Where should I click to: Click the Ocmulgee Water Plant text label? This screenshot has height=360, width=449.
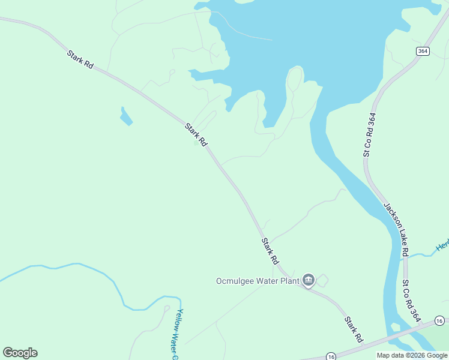[x=258, y=280]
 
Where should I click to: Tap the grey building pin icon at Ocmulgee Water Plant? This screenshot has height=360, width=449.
[x=309, y=280]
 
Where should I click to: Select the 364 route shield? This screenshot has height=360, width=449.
[x=423, y=51]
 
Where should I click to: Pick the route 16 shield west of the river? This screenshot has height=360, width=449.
[x=331, y=356]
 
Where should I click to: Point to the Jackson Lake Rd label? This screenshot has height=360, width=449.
[x=397, y=229]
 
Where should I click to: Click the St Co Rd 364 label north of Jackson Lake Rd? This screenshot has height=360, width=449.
[x=370, y=135]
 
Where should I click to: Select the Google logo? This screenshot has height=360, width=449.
[x=20, y=353]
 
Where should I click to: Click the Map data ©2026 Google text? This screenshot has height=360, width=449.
[x=412, y=355]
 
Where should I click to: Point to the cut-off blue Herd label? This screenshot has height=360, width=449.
[x=442, y=246]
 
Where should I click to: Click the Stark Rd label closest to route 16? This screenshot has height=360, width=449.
[x=354, y=329]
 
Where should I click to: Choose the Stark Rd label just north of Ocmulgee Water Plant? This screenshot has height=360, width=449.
[x=270, y=251]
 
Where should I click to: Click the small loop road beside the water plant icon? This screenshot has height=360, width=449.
[x=323, y=280]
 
